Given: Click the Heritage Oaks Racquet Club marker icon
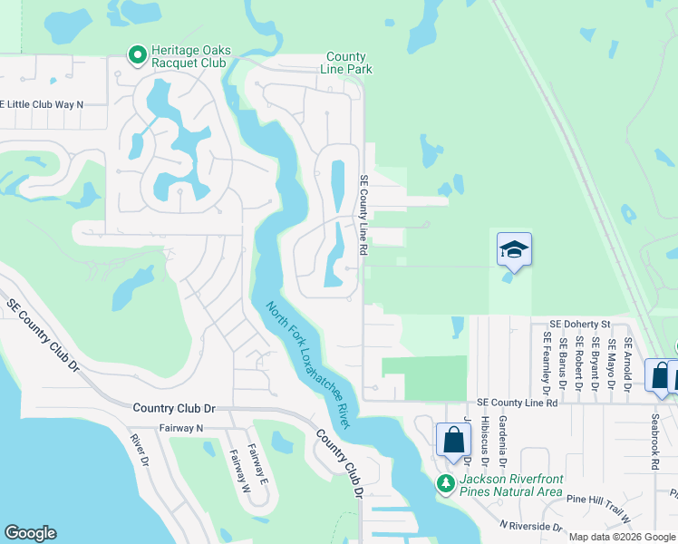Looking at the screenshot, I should pos(138,56).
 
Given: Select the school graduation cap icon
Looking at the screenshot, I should pos(514,249).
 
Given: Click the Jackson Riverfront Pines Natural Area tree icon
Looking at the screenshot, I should pos(445,483).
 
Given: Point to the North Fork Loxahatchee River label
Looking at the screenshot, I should pos(308,364).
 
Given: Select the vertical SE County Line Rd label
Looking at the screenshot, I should pos(364,214).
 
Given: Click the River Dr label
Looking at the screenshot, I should pos(139,451).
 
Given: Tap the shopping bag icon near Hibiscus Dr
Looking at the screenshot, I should pos(453,441).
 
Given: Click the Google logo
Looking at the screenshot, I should pos(31,533).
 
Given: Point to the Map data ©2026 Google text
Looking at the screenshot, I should pos(622,537).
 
